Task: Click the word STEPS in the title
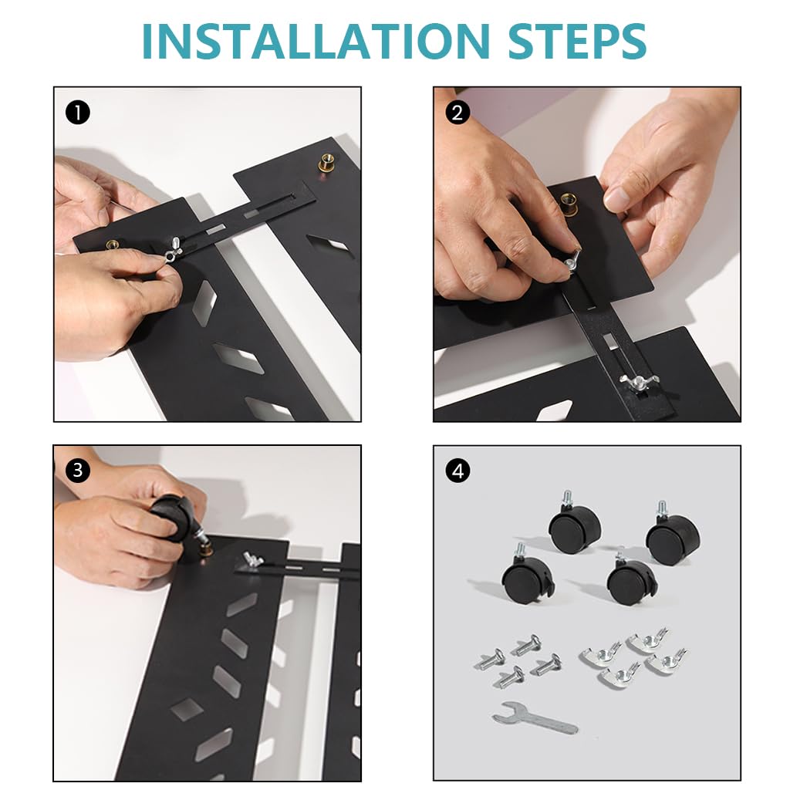pyautogui.click(x=569, y=42)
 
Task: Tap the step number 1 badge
pyautogui.click(x=78, y=113)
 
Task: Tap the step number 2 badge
pyautogui.click(x=457, y=113)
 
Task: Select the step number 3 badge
pyautogui.click(x=78, y=470)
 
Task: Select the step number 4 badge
pyautogui.click(x=457, y=470)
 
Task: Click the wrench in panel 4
pyautogui.click(x=534, y=721)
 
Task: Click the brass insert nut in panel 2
pyautogui.click(x=569, y=205)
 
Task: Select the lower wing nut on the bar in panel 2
pyautogui.click(x=635, y=382)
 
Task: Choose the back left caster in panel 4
pyautogui.click(x=575, y=528)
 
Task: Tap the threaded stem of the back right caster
pyautogui.click(x=661, y=509)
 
